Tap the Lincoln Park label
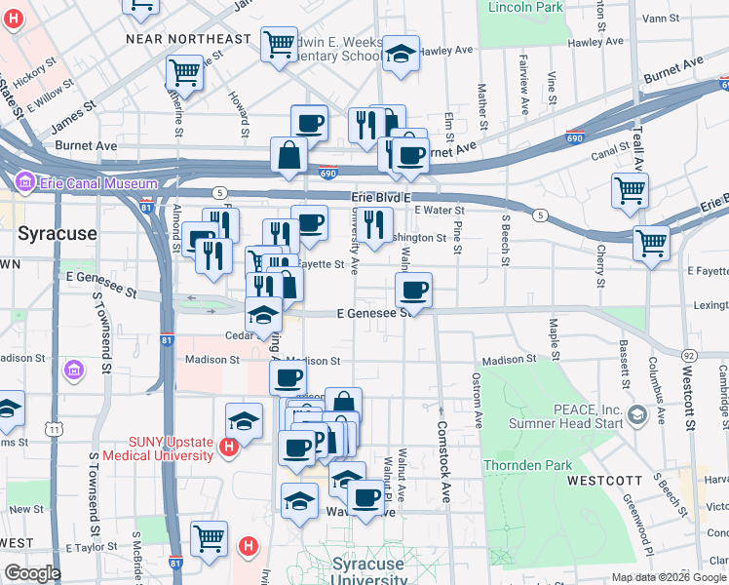520,7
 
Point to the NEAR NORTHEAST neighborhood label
188,39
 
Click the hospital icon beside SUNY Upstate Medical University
228,448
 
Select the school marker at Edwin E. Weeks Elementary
400,55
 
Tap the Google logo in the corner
32,573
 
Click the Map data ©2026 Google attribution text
668,577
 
